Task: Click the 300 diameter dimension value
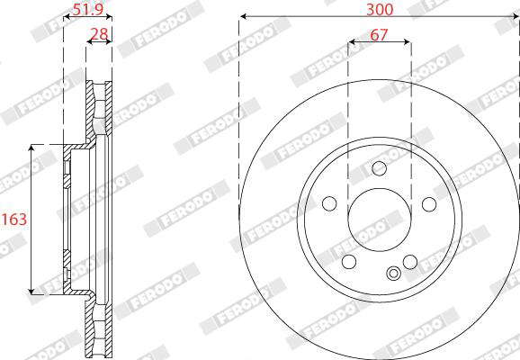380,10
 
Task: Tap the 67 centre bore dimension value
379,34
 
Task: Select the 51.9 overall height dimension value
88,9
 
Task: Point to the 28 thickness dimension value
100,34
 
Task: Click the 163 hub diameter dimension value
14,219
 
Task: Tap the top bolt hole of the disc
379,168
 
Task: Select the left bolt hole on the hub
329,203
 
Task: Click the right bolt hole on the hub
429,204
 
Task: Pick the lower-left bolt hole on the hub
349,262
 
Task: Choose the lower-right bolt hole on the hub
410,262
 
